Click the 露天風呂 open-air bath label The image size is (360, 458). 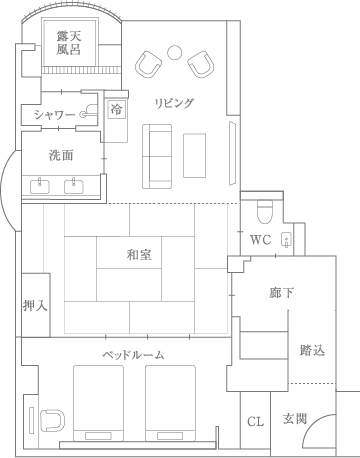point(68,43)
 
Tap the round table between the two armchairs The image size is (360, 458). point(174,52)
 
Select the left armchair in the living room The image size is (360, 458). point(148,64)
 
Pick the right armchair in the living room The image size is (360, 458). point(201,64)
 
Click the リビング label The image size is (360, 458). point(174,103)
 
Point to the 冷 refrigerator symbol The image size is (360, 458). point(116,109)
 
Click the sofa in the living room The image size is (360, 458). point(157,156)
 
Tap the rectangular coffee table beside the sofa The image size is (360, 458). point(194,155)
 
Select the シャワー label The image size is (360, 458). point(54,115)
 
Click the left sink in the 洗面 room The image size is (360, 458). point(40,186)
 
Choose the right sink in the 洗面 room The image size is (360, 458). point(74,186)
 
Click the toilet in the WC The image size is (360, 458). point(265,211)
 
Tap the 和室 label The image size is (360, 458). point(139,255)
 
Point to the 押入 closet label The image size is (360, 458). point(35,305)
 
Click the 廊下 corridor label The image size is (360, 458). point(281,293)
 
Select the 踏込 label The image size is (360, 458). point(312,350)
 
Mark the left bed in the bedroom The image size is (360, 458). point(98,403)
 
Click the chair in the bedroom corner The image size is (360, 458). point(53,420)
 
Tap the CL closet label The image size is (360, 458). point(256,422)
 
